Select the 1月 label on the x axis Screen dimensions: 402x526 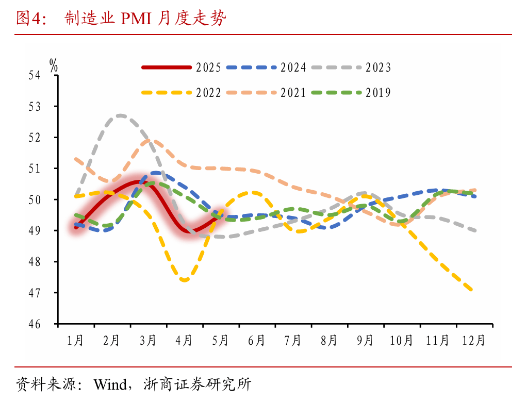76,341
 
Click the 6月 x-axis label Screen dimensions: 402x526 256,341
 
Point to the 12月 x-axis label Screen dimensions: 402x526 473,341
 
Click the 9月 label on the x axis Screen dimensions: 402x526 365,341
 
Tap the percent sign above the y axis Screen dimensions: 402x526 54,64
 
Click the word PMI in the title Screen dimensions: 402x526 136,19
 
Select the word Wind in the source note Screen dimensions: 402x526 109,384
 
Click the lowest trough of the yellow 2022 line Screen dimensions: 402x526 185,280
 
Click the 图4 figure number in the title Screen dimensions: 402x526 28,19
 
